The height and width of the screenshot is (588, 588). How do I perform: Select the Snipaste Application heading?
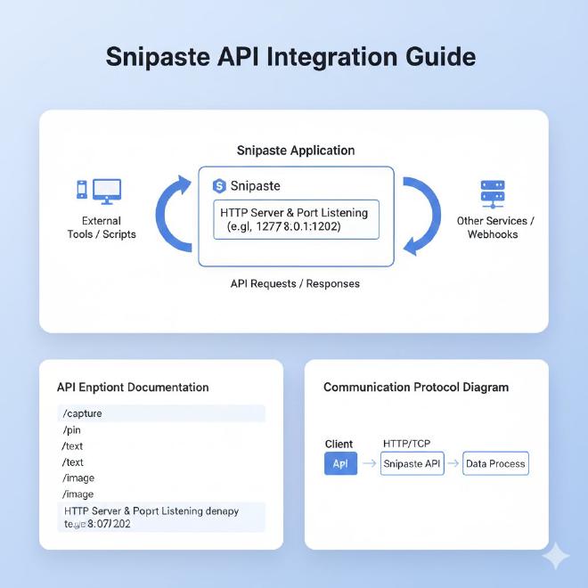tap(294, 151)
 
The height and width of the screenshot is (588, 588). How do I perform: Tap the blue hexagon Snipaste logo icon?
tap(219, 185)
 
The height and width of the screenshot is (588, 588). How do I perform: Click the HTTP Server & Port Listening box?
tap(294, 219)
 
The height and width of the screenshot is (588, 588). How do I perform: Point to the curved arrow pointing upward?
tap(176, 213)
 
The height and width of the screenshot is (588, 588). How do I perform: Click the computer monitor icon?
tap(107, 190)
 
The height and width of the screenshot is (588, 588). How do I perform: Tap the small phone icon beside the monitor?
tap(82, 190)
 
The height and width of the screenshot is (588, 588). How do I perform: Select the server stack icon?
tap(492, 192)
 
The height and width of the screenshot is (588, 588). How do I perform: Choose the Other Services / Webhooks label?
tap(495, 227)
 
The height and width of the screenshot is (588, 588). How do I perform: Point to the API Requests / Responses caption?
tap(294, 283)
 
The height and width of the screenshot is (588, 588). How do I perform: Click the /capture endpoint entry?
tap(82, 413)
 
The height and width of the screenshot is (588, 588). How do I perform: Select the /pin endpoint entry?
tap(72, 429)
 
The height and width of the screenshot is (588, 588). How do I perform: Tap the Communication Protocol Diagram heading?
tap(416, 388)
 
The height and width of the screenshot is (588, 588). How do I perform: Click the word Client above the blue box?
tap(339, 444)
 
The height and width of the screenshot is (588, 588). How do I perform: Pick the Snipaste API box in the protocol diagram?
tap(412, 463)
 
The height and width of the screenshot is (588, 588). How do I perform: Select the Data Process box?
tap(496, 463)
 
